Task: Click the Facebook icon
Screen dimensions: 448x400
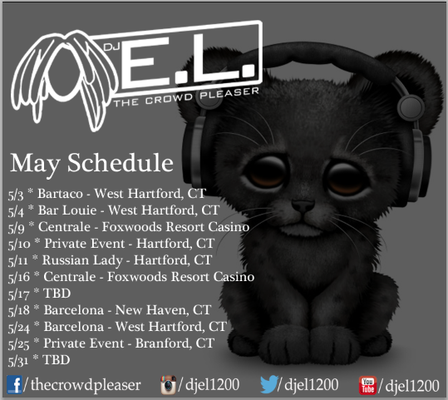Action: pyautogui.click(x=14, y=385)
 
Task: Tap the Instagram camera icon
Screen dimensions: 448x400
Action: pyautogui.click(x=168, y=385)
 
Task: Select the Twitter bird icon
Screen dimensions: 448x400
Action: pyautogui.click(x=268, y=384)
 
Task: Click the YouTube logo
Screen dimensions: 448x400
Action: pyautogui.click(x=367, y=385)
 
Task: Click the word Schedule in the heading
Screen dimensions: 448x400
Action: pyautogui.click(x=121, y=163)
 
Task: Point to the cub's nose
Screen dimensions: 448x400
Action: pyautogui.click(x=303, y=205)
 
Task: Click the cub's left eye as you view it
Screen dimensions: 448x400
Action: pyautogui.click(x=267, y=172)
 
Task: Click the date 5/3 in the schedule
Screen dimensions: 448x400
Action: pyautogui.click(x=16, y=195)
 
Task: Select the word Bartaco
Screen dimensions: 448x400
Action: pyautogui.click(x=61, y=194)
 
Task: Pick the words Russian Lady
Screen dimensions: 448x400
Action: pyautogui.click(x=82, y=261)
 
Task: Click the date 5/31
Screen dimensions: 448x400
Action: pyautogui.click(x=18, y=362)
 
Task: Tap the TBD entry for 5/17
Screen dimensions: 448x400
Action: pyautogui.click(x=57, y=294)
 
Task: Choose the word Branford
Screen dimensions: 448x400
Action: pyautogui.click(x=163, y=343)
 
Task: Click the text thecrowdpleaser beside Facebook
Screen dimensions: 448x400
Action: pyautogui.click(x=86, y=385)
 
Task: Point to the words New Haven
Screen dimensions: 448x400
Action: pyautogui.click(x=152, y=310)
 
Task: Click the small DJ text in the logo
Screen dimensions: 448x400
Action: pyautogui.click(x=111, y=47)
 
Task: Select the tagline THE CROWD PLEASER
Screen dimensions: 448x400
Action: pyautogui.click(x=186, y=96)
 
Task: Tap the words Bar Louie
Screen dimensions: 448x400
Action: pyautogui.click(x=67, y=210)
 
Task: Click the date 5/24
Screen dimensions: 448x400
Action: pyautogui.click(x=19, y=328)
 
